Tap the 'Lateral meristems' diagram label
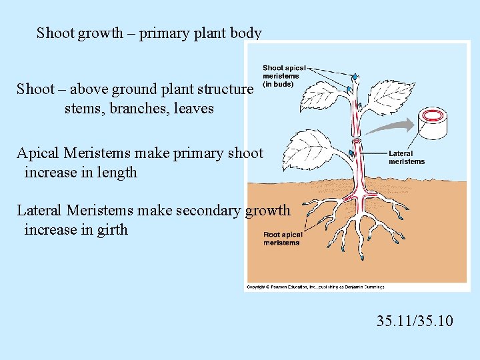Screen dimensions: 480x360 (406, 157)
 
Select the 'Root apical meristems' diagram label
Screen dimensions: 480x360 (282, 239)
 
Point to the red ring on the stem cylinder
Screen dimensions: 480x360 (433, 115)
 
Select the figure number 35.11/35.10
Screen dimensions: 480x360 (414, 321)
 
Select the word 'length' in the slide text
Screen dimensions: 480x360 (115, 173)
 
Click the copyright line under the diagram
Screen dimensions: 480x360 (315, 287)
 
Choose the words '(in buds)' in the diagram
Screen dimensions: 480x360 (278, 84)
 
